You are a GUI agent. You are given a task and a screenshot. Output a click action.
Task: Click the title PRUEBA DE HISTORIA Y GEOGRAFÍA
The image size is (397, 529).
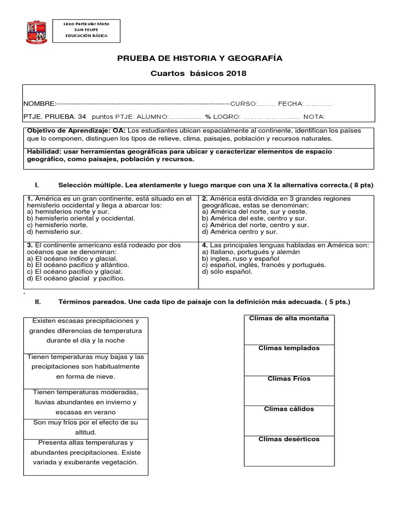[198, 58]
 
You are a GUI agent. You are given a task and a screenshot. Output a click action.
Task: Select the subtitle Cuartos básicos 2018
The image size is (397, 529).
[198, 73]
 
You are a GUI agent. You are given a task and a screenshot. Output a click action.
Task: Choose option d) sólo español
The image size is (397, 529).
[227, 272]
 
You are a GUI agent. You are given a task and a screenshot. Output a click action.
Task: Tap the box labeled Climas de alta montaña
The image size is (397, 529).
[288, 318]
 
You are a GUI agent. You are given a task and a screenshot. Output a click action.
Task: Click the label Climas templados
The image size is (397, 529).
[288, 348]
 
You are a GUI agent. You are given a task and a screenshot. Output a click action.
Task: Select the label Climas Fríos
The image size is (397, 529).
[288, 379]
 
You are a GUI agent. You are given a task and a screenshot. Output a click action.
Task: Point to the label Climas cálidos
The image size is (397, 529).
[288, 409]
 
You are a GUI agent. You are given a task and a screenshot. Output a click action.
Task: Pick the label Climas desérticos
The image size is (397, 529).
[288, 439]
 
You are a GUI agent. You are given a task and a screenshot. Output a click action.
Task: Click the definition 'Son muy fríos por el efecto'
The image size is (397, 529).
[86, 427]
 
